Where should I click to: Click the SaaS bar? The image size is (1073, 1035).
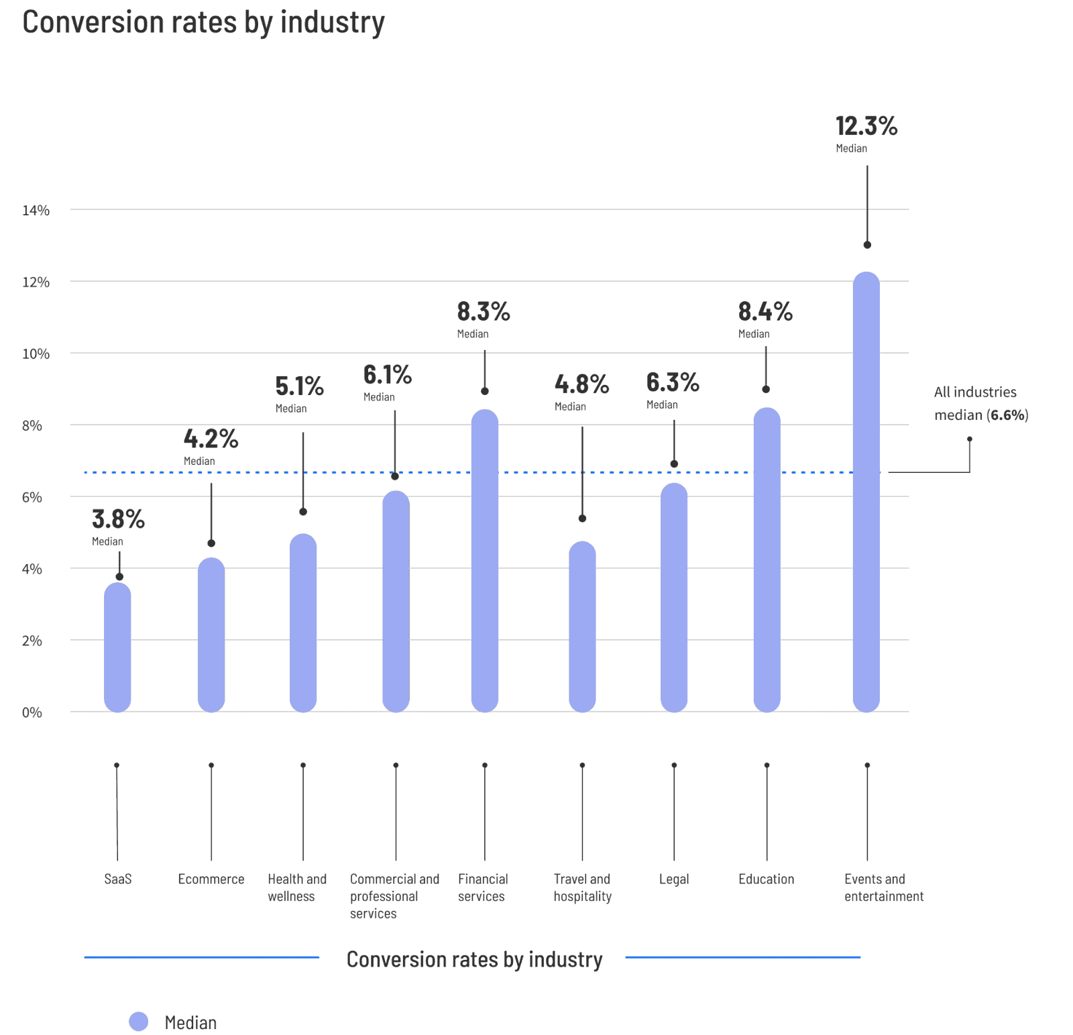click(x=118, y=647)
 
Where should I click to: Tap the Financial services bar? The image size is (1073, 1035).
click(x=484, y=561)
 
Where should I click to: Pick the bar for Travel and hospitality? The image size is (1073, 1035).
click(x=582, y=627)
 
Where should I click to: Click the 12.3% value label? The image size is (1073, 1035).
click(x=866, y=126)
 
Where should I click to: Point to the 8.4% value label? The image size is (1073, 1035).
click(x=765, y=312)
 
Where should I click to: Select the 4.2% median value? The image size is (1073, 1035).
click(x=211, y=439)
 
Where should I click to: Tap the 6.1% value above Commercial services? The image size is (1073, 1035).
click(x=387, y=375)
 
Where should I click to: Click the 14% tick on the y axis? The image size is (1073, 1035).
click(x=36, y=211)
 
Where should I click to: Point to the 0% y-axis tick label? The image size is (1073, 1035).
click(x=32, y=712)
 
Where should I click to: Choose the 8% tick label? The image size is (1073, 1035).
click(x=32, y=426)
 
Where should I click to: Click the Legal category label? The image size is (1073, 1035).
click(x=673, y=879)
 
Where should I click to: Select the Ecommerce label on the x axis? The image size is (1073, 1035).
click(x=211, y=879)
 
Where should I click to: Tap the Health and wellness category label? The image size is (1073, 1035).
click(x=296, y=887)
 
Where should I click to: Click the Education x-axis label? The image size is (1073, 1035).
click(x=766, y=879)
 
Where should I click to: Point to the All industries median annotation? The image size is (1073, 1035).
click(x=980, y=404)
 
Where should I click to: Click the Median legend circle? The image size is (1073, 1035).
click(x=139, y=1021)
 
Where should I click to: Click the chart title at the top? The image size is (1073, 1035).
click(x=203, y=23)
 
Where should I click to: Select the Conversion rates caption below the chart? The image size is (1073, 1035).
click(x=474, y=960)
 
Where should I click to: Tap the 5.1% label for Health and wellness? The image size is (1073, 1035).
click(x=299, y=386)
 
